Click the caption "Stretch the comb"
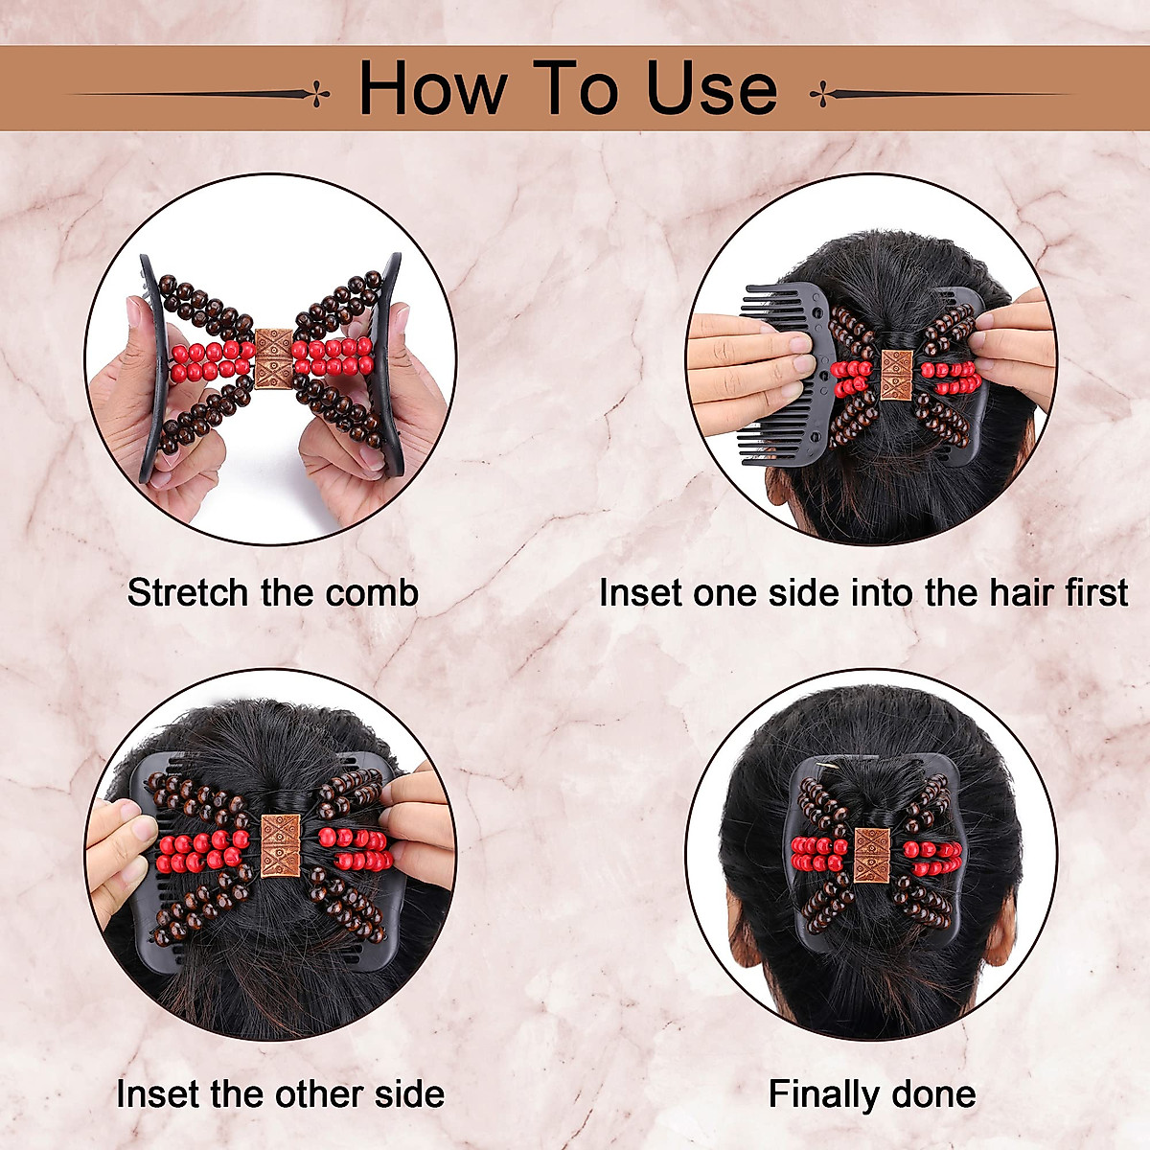[x=273, y=593]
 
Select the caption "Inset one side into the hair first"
[x=862, y=593]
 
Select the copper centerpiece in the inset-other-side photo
[x=281, y=844]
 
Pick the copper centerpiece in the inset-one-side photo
[x=897, y=375]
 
